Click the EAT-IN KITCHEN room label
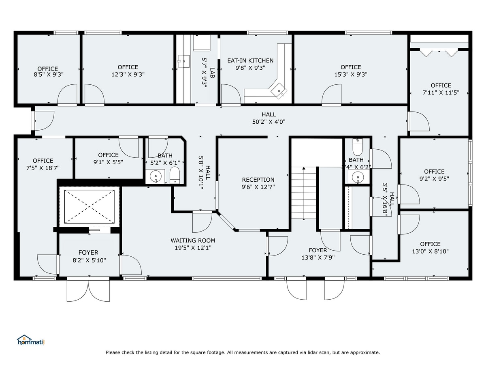point(250,60)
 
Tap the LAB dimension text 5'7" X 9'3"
point(204,73)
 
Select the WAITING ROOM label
point(193,240)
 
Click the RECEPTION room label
point(258,180)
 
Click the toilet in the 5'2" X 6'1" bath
point(175,175)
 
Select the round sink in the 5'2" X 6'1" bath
point(155,176)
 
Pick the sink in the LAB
point(183,62)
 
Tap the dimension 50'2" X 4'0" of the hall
point(269,122)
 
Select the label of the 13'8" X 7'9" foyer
point(318,250)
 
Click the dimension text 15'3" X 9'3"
point(351,74)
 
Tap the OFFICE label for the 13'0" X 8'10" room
point(430,244)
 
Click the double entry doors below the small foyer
point(88,291)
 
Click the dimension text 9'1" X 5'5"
point(108,162)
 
